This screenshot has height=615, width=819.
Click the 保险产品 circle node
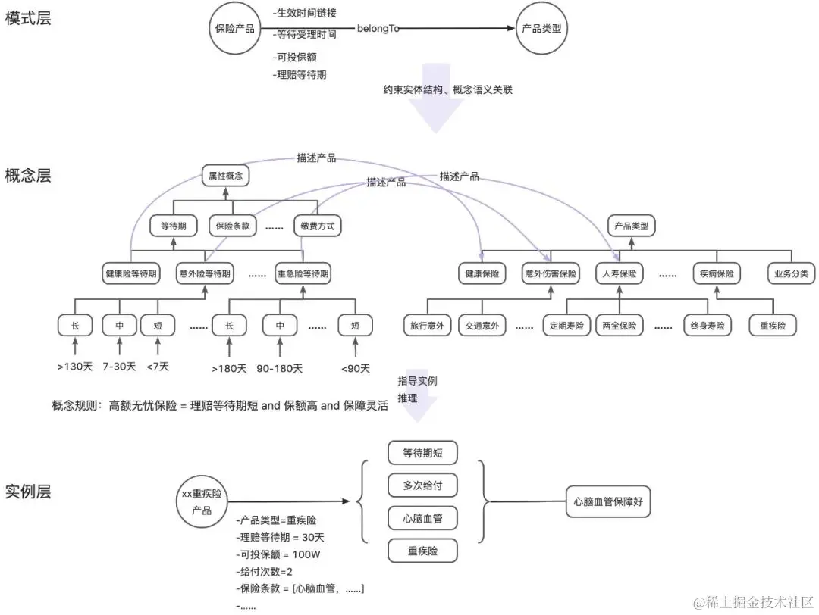(x=236, y=30)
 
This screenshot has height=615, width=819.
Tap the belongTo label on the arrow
(x=378, y=29)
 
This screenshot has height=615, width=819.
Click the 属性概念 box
(x=225, y=176)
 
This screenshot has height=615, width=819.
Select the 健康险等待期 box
(x=131, y=273)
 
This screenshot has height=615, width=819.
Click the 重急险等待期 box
(x=303, y=273)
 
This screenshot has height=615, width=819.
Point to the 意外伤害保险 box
(x=551, y=273)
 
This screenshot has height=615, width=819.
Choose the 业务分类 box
(x=791, y=273)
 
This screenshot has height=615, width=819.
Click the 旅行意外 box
(x=427, y=326)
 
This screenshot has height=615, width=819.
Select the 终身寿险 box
(x=708, y=326)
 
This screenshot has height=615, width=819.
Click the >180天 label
(x=228, y=368)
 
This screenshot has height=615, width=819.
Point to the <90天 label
(x=356, y=368)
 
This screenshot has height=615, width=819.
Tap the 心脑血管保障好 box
(x=608, y=501)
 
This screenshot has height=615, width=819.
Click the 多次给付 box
(x=422, y=485)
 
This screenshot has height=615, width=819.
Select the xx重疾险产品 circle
(x=202, y=501)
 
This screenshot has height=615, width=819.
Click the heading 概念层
(x=28, y=176)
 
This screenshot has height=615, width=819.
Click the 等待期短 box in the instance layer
(x=422, y=453)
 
